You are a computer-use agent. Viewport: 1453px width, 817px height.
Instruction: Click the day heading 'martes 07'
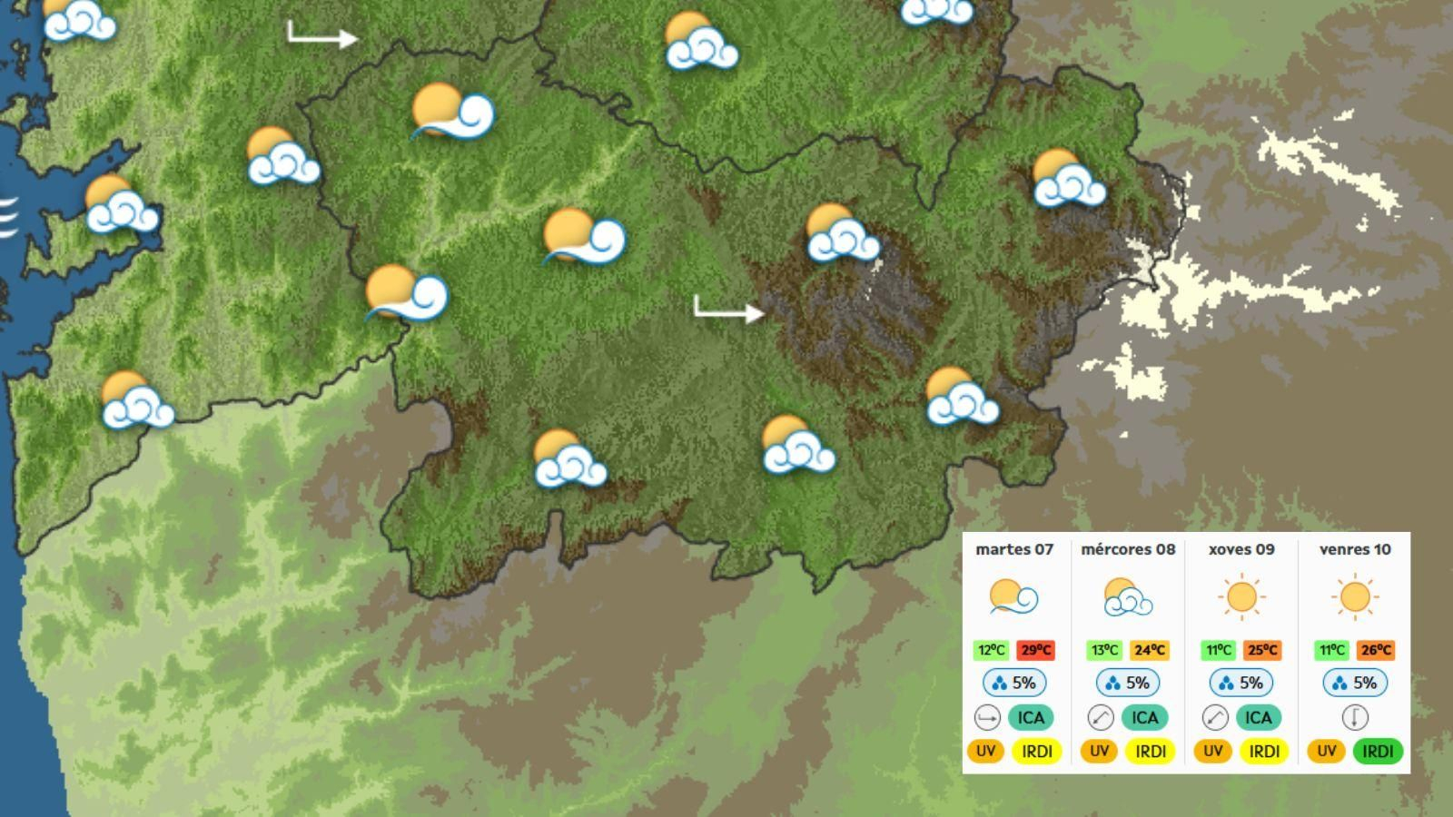coord(1014,549)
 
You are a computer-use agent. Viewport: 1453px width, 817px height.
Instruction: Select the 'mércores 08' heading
coord(1128,549)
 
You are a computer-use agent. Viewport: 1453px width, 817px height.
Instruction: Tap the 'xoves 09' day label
coord(1241,549)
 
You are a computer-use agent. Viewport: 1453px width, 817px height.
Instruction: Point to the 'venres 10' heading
coord(1355,549)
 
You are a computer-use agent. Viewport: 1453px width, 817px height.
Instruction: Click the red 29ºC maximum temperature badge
coord(1035,650)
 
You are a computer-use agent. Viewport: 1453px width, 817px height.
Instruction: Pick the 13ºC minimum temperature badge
coord(1104,650)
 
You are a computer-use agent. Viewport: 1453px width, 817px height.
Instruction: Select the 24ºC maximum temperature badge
coord(1149,650)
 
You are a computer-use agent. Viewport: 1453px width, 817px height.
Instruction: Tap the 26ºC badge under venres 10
coord(1376,650)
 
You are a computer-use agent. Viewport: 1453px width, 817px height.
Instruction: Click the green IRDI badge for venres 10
coord(1378,751)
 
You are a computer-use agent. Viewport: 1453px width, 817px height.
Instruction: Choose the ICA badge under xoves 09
coord(1258,717)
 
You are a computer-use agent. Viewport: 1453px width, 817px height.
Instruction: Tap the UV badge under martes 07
coord(985,751)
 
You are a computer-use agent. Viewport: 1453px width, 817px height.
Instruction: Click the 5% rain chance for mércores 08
coord(1128,683)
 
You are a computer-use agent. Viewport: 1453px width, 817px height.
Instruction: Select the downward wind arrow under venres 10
coord(1355,717)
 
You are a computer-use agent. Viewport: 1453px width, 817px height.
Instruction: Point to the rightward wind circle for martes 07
coord(987,717)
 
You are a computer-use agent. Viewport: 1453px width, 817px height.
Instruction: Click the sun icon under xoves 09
coord(1241,597)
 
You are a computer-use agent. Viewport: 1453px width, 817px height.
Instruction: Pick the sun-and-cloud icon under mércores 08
coord(1128,597)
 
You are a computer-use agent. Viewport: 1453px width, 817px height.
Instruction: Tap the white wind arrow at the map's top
coord(322,35)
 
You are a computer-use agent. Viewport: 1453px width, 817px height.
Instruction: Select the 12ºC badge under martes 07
coord(991,650)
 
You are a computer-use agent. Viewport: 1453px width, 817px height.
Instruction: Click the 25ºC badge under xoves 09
coord(1262,650)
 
